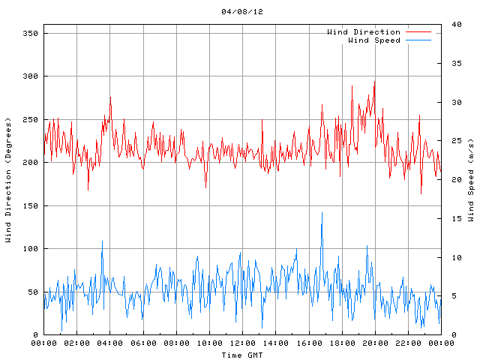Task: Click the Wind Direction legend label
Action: [364, 32]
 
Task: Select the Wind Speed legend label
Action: [373, 40]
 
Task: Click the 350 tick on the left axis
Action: [30, 34]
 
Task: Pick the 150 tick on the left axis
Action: [30, 205]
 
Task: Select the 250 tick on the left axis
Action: [30, 120]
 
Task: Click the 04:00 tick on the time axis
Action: [110, 343]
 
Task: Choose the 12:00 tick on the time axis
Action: [242, 343]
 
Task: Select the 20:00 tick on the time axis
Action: [374, 343]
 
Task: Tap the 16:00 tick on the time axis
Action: [308, 343]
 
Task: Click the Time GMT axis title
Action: [242, 355]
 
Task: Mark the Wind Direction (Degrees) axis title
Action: [8, 180]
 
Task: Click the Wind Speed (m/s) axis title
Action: [471, 180]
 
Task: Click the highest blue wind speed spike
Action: [322, 213]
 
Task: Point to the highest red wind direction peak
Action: [374, 82]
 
